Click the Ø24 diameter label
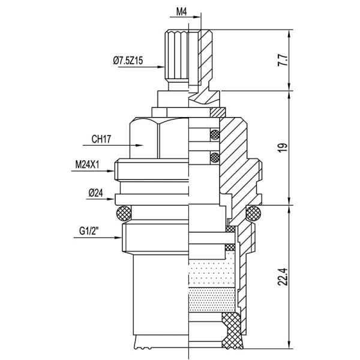click(x=97, y=193)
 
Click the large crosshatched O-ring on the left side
click(x=124, y=212)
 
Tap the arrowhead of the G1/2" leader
click(x=118, y=238)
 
